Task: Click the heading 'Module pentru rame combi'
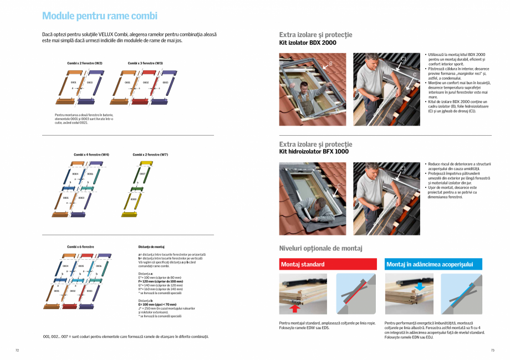coord(100,16)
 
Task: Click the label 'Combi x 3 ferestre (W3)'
coord(145,63)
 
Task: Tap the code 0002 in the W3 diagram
coord(146,83)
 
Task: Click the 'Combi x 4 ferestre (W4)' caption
coord(91,155)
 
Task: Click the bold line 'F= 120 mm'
coord(160,281)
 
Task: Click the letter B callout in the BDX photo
coord(330,64)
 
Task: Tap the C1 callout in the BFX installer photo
coord(403,168)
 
